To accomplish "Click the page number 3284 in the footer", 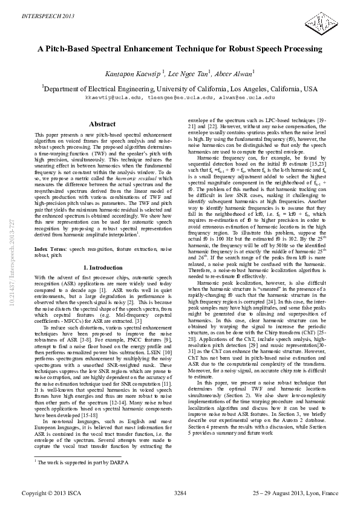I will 180,494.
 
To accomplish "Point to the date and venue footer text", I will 296,494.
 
